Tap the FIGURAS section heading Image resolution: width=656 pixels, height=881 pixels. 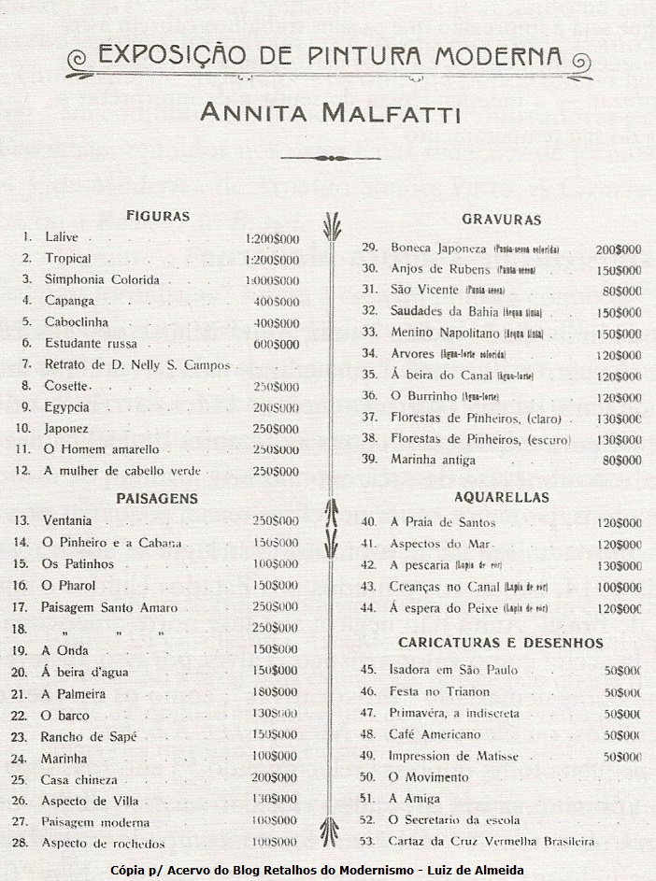tap(158, 217)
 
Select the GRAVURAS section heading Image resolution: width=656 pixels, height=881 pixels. tap(502, 220)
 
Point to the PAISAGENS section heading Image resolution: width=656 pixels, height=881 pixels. tap(157, 499)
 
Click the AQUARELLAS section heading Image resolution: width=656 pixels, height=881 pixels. tap(501, 498)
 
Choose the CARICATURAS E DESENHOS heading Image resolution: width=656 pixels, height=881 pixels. tap(501, 643)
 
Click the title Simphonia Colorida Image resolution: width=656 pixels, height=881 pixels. tap(102, 280)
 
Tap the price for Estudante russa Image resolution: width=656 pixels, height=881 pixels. tap(277, 344)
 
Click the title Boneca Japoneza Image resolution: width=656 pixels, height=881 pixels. tap(438, 249)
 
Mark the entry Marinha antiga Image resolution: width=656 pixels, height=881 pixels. tap(433, 460)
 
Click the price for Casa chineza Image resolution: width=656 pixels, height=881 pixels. tap(276, 778)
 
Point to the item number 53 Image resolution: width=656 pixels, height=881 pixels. tap(367, 841)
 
